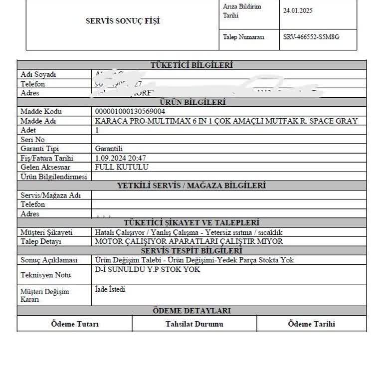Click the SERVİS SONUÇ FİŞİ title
click(123, 21)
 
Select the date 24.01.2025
click(298, 10)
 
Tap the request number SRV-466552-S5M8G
click(311, 37)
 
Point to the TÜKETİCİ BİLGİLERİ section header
click(191, 65)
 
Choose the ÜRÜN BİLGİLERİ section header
click(191, 102)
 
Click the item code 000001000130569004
click(130, 112)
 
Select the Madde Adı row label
click(38, 121)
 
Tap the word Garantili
click(109, 149)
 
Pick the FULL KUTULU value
click(121, 167)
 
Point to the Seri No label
click(32, 140)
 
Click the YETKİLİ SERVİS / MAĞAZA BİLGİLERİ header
click(191, 186)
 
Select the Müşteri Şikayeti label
click(46, 232)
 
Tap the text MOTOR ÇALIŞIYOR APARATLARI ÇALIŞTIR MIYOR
click(189, 241)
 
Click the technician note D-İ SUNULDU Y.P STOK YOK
click(147, 270)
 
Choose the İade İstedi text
click(110, 289)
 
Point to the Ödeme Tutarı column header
click(75, 324)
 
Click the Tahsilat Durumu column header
click(194, 324)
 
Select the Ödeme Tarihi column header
click(312, 324)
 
